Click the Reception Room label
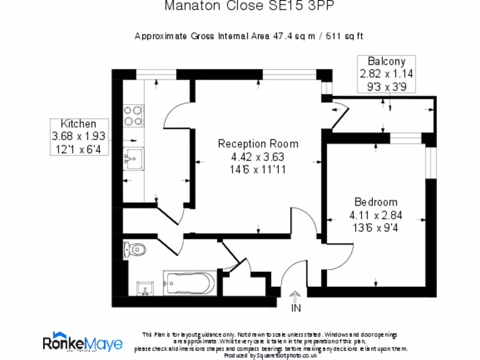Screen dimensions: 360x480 pyautogui.click(x=258, y=144)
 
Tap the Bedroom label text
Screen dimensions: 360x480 pyautogui.click(x=376, y=202)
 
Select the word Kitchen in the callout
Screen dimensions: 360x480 pyautogui.click(x=78, y=124)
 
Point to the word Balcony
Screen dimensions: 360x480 pyautogui.click(x=386, y=61)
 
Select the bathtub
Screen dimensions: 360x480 pyautogui.click(x=189, y=283)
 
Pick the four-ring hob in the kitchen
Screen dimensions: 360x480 pyautogui.click(x=133, y=116)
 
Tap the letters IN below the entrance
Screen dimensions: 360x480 pyautogui.click(x=296, y=308)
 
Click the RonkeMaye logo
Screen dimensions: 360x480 pyautogui.click(x=82, y=343)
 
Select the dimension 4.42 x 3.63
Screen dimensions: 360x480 pyautogui.click(x=258, y=157)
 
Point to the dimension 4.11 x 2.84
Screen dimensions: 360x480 pyautogui.click(x=376, y=216)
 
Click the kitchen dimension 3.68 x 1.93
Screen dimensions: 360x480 pyautogui.click(x=78, y=136)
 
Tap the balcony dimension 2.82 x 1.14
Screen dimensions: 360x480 pyautogui.click(x=386, y=74)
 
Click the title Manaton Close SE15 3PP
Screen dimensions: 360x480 pyautogui.click(x=250, y=6)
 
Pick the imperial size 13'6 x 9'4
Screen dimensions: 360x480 pyautogui.click(x=376, y=228)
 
